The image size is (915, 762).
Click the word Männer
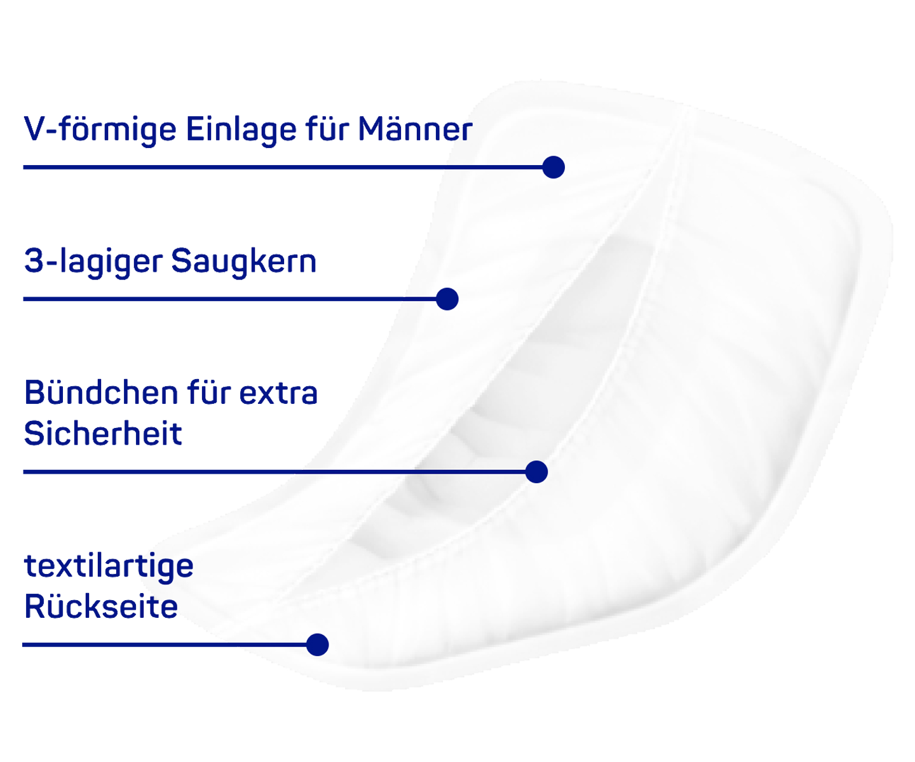(415, 129)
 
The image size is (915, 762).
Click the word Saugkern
(243, 262)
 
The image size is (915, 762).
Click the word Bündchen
(101, 392)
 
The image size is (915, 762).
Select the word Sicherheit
(103, 434)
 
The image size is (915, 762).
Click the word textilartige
(109, 567)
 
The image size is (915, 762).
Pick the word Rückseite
(101, 606)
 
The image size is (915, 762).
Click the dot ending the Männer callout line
(553, 167)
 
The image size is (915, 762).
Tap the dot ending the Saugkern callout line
(447, 299)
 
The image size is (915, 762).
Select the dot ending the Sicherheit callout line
(536, 472)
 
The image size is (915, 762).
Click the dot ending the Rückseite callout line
(318, 645)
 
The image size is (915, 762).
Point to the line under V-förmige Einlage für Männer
(283, 167)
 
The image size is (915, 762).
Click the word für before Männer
(327, 129)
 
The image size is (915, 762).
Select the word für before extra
(208, 392)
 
